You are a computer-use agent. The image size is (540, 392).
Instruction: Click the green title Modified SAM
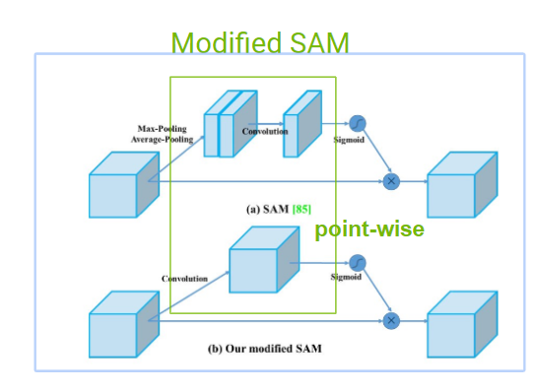pos(260,42)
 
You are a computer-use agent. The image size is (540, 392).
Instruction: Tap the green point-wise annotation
pos(370,229)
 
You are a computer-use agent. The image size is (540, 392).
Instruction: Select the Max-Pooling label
pos(163,129)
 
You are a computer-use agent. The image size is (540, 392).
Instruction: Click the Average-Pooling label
pos(163,140)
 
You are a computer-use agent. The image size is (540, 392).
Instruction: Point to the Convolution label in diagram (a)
pos(265,131)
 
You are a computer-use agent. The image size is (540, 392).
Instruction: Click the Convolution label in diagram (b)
pos(184,279)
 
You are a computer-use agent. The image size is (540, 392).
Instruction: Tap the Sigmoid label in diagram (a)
pos(349,140)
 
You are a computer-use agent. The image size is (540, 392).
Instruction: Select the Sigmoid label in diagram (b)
pos(346,277)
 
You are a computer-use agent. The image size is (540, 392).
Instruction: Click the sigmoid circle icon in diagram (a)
pos(358,123)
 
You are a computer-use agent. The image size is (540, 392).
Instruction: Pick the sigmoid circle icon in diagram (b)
pos(358,263)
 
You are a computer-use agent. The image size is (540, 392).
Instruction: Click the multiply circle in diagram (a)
pos(391,181)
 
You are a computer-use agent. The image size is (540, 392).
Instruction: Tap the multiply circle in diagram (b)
pos(391,321)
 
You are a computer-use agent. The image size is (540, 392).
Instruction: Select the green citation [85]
pos(302,209)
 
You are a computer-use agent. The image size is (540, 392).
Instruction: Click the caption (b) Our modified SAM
pos(265,349)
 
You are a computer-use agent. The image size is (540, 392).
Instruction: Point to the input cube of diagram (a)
pos(124,184)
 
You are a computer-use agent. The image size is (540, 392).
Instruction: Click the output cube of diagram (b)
pos(462,324)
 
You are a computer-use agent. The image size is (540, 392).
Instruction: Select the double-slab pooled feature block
pos(231,124)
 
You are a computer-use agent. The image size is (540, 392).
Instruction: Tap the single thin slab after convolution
pos(303,124)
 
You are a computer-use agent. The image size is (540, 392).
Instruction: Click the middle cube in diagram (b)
pos(264,259)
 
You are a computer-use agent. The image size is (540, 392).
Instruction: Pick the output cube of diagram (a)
pos(462,184)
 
